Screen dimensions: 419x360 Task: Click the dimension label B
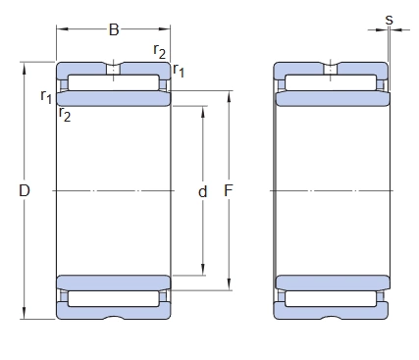pyautogui.click(x=114, y=30)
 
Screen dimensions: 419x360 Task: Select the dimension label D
pyautogui.click(x=25, y=190)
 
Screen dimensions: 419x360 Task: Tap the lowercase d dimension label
pyautogui.click(x=203, y=191)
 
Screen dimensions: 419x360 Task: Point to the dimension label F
pyautogui.click(x=229, y=190)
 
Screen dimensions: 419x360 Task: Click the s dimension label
pyautogui.click(x=389, y=20)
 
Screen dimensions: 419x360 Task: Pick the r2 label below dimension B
pyautogui.click(x=160, y=51)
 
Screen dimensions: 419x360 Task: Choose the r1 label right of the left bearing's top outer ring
pyautogui.click(x=179, y=70)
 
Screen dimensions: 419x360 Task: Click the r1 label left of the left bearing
pyautogui.click(x=46, y=96)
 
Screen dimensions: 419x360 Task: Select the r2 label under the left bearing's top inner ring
pyautogui.click(x=65, y=114)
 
